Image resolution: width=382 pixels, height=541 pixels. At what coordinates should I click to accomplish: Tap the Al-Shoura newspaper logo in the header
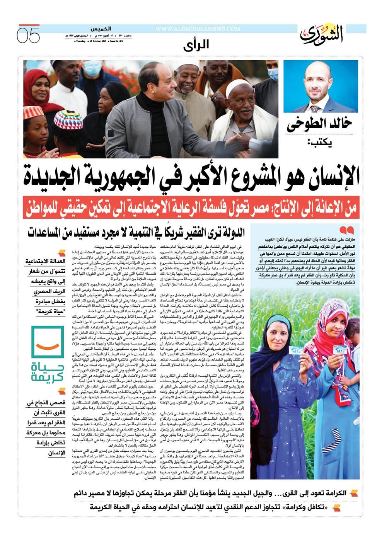click(x=322, y=34)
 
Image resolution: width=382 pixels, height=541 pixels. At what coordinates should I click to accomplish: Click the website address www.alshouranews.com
click(x=198, y=29)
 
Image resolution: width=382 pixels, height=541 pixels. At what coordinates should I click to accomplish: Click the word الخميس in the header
click(x=101, y=29)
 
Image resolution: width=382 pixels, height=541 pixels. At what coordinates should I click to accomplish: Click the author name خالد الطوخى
click(x=319, y=124)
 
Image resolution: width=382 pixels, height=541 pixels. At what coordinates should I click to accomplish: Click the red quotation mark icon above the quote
click(x=346, y=230)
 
